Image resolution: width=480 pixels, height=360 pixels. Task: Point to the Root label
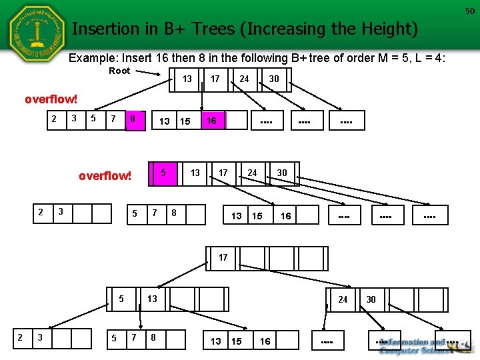coord(119,71)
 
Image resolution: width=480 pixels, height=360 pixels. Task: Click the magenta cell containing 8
coord(133,119)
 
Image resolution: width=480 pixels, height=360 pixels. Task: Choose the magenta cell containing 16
coord(211,121)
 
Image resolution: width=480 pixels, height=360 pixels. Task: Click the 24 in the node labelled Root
coord(244,79)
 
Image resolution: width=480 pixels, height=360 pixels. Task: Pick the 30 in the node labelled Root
coord(273,79)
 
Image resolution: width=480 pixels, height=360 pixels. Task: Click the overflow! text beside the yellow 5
coord(105,177)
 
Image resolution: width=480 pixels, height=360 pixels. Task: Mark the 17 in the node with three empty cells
coord(223,257)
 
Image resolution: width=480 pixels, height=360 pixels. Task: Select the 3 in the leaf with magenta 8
coord(73,119)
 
